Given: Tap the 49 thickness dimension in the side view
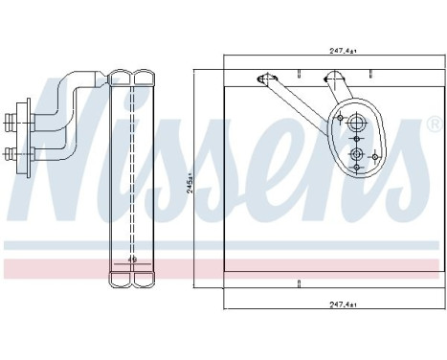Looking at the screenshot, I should pos(132,259).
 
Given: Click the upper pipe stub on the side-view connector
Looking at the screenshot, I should pos(11,122).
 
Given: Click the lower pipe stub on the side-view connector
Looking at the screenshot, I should pos(11,150).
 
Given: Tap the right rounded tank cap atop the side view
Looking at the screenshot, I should pos(143,77).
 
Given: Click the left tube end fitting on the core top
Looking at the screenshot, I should pos(262,79).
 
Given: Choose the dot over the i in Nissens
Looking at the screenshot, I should pos(162,98).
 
